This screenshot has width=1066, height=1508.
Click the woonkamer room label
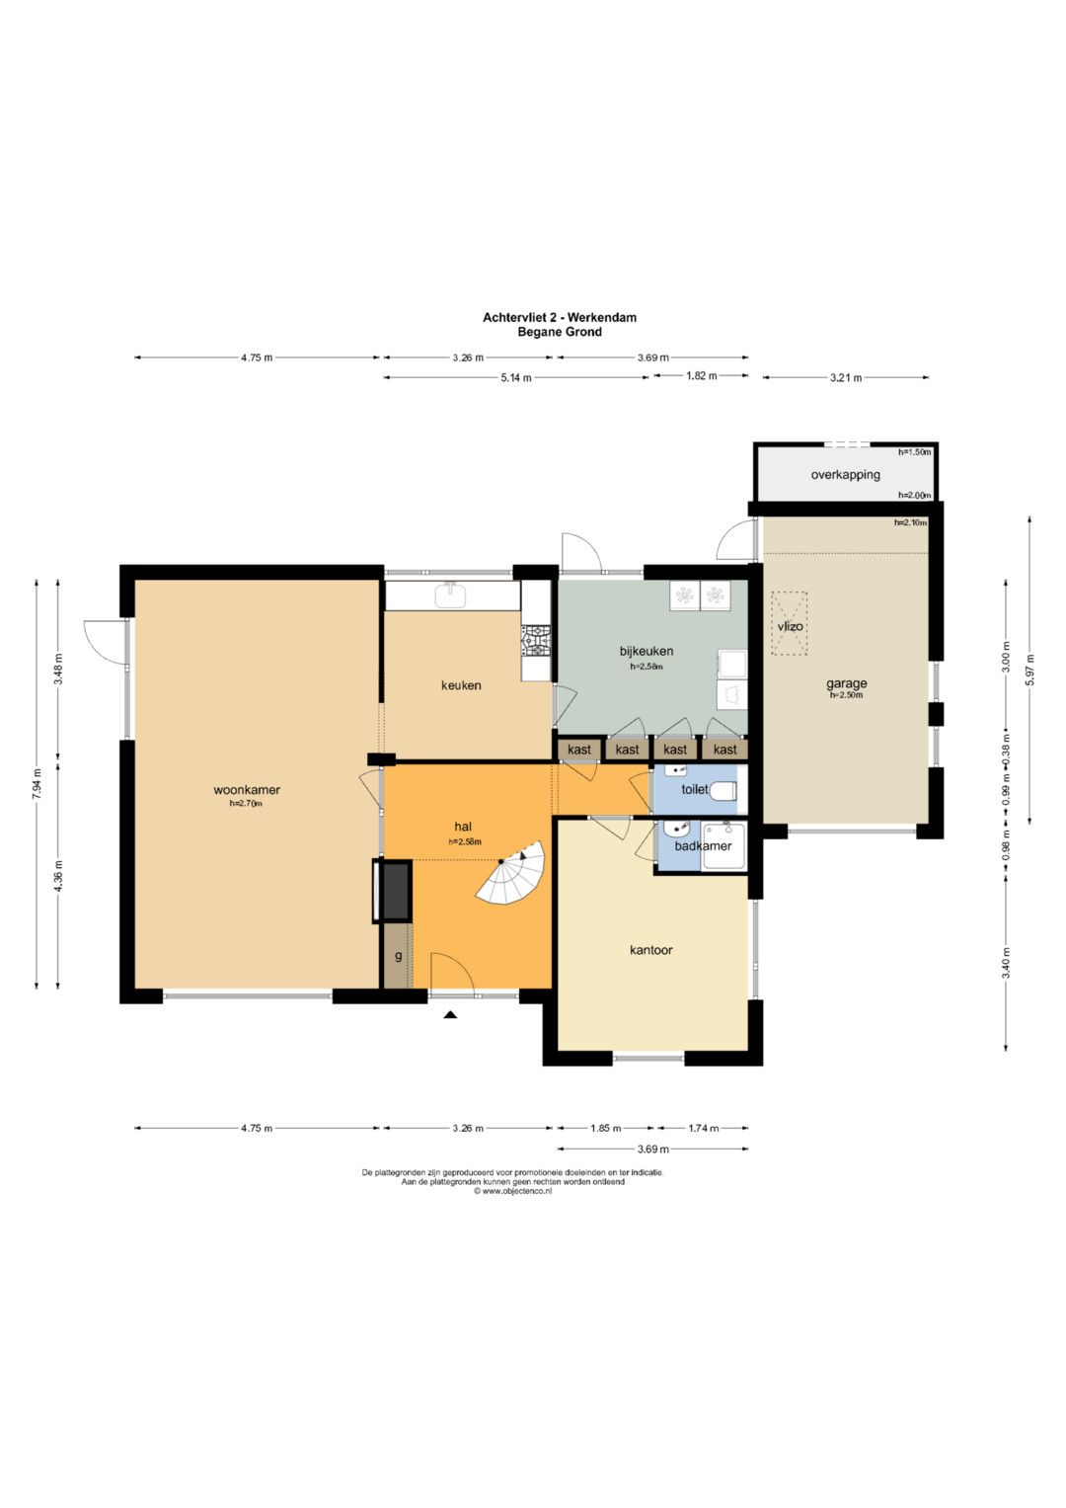[x=247, y=790]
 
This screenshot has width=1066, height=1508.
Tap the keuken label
[x=461, y=685]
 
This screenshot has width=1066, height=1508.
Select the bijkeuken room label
[x=647, y=651]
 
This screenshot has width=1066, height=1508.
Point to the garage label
[x=846, y=684]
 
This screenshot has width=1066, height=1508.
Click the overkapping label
[x=845, y=475]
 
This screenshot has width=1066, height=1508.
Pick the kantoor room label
[x=650, y=950]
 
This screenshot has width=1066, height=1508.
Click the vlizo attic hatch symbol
[x=790, y=623]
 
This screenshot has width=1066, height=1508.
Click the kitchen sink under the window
[x=452, y=595]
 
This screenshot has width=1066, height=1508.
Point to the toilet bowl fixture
[x=724, y=790]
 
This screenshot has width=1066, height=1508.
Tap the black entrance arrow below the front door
[x=450, y=1014]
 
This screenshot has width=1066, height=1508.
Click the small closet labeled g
[x=399, y=955]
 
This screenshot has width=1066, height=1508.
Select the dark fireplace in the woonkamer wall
[x=393, y=891]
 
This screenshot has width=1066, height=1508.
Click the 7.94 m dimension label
[x=37, y=783]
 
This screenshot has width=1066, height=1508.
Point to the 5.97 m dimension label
[x=1029, y=670]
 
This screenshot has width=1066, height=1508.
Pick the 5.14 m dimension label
[x=515, y=377]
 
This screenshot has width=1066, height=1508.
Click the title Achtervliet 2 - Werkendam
[x=560, y=317]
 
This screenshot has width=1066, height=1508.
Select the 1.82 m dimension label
[x=701, y=375]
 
